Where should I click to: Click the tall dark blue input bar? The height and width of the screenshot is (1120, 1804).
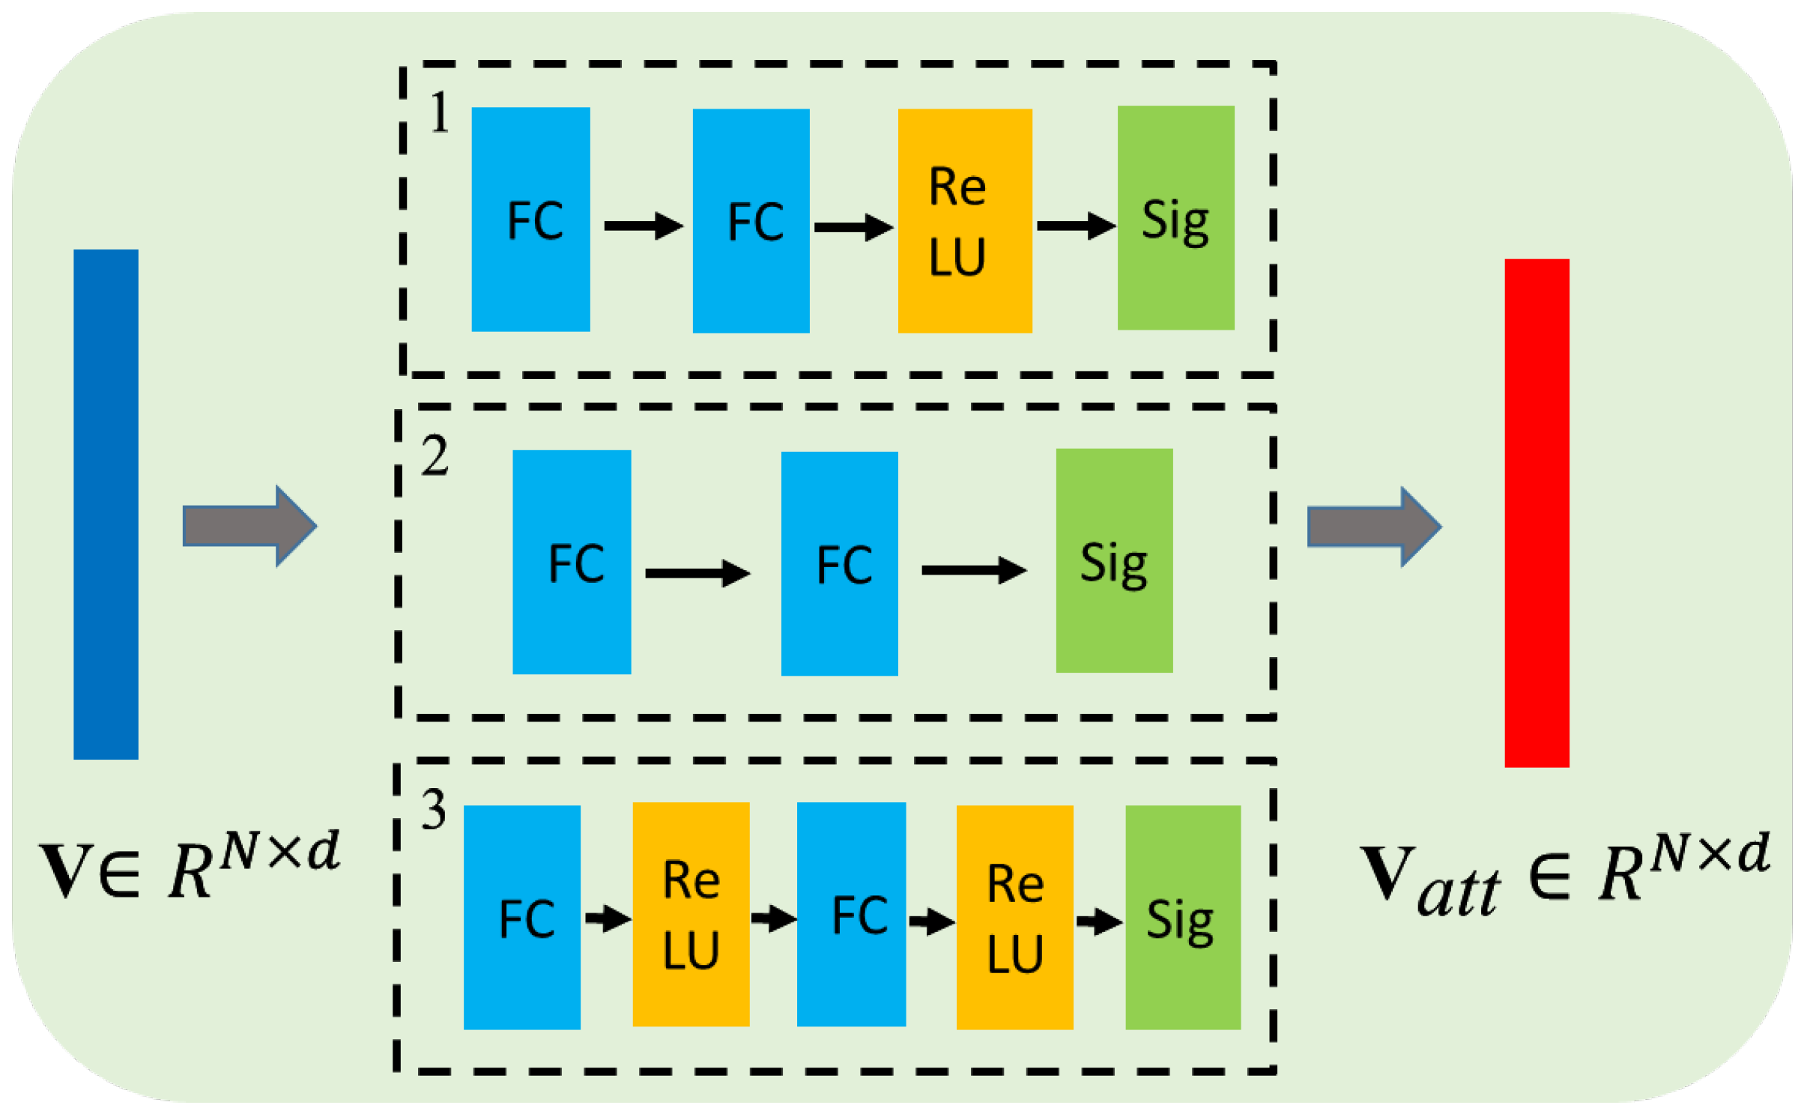tap(106, 504)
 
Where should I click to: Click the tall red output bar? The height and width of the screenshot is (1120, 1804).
tap(1537, 513)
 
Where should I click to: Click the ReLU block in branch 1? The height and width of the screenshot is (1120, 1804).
tap(964, 221)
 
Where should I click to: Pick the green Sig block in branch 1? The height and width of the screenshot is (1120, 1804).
tap(1175, 218)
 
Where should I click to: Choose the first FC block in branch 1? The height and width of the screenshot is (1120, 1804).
tap(530, 220)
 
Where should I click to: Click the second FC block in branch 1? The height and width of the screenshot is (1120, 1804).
tap(751, 221)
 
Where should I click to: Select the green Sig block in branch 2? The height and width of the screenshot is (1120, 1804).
tap(1114, 560)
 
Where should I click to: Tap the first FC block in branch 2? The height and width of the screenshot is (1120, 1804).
tap(572, 562)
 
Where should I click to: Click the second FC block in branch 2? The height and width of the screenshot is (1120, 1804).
tap(839, 563)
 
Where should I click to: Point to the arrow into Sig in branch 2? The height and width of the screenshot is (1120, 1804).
tap(973, 570)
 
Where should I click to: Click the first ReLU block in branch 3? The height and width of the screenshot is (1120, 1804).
tap(691, 914)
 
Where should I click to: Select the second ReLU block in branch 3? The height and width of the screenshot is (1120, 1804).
tap(1014, 917)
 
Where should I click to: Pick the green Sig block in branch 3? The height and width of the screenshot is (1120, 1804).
tap(1182, 917)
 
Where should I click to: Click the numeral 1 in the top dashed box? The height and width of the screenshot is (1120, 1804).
tap(440, 113)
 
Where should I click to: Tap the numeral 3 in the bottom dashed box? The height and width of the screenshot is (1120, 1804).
tap(434, 810)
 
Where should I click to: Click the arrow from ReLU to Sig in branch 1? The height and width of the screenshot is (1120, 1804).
tap(1075, 225)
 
